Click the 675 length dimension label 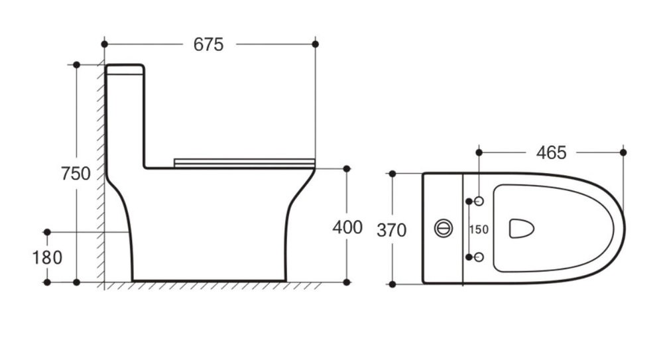tap(208, 44)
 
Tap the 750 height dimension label tap(76, 174)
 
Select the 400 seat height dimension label tap(347, 227)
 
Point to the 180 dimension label tap(47, 257)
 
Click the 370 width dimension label tap(392, 230)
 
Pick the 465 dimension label tap(552, 152)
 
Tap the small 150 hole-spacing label tap(479, 229)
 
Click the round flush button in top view tap(444, 229)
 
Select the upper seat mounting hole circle tap(479, 202)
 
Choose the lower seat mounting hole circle tap(479, 257)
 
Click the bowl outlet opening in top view tap(521, 229)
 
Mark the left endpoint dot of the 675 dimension tap(105, 44)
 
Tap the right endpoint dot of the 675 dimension tap(315, 44)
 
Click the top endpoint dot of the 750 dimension tap(76, 65)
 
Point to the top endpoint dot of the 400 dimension tap(347, 169)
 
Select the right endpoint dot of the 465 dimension tap(623, 152)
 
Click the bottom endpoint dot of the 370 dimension tap(392, 284)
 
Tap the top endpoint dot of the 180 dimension tap(47, 232)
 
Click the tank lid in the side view tap(125, 70)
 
